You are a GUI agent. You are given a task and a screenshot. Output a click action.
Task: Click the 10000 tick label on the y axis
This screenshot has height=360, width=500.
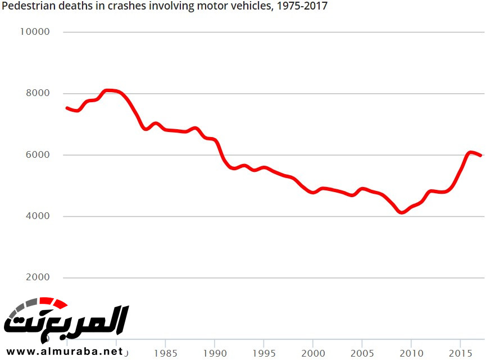(35, 32)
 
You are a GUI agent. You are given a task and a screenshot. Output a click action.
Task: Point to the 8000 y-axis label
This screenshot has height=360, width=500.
(38, 93)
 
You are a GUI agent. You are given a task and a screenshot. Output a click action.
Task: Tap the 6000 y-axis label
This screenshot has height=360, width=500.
(38, 155)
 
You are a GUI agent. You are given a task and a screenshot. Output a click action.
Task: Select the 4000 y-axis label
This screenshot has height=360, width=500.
(38, 216)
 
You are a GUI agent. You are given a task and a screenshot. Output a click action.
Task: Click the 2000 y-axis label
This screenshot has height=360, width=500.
(38, 278)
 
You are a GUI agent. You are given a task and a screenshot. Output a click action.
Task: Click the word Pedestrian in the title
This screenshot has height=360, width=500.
(25, 7)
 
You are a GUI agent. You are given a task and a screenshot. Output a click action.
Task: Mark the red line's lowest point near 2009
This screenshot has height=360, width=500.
(401, 212)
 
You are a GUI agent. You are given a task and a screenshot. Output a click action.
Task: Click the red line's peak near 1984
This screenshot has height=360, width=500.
(110, 90)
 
